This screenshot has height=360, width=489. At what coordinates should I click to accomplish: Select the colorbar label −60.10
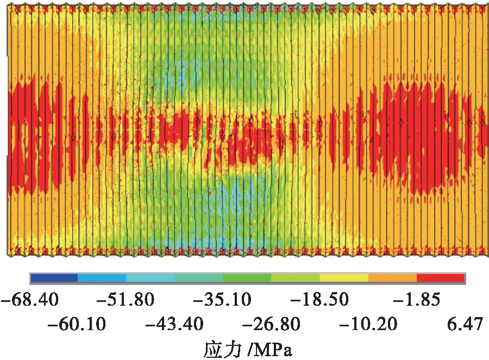tap(77, 325)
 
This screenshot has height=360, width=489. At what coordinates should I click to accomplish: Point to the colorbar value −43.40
tap(174, 325)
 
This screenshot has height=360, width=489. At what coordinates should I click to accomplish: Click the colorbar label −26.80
tap(272, 325)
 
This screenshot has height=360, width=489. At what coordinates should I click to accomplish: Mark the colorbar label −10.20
tap(368, 325)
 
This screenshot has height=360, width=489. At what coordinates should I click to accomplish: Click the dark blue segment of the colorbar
tap(54, 277)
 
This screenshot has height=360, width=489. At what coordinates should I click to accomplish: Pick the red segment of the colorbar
tap(441, 277)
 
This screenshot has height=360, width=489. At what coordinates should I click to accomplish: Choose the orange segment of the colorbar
tap(392, 277)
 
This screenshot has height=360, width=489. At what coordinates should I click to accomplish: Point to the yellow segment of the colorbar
tap(344, 277)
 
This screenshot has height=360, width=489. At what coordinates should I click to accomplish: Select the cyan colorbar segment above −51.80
tap(151, 277)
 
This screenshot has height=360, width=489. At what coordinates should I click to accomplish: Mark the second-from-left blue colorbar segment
tap(102, 277)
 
